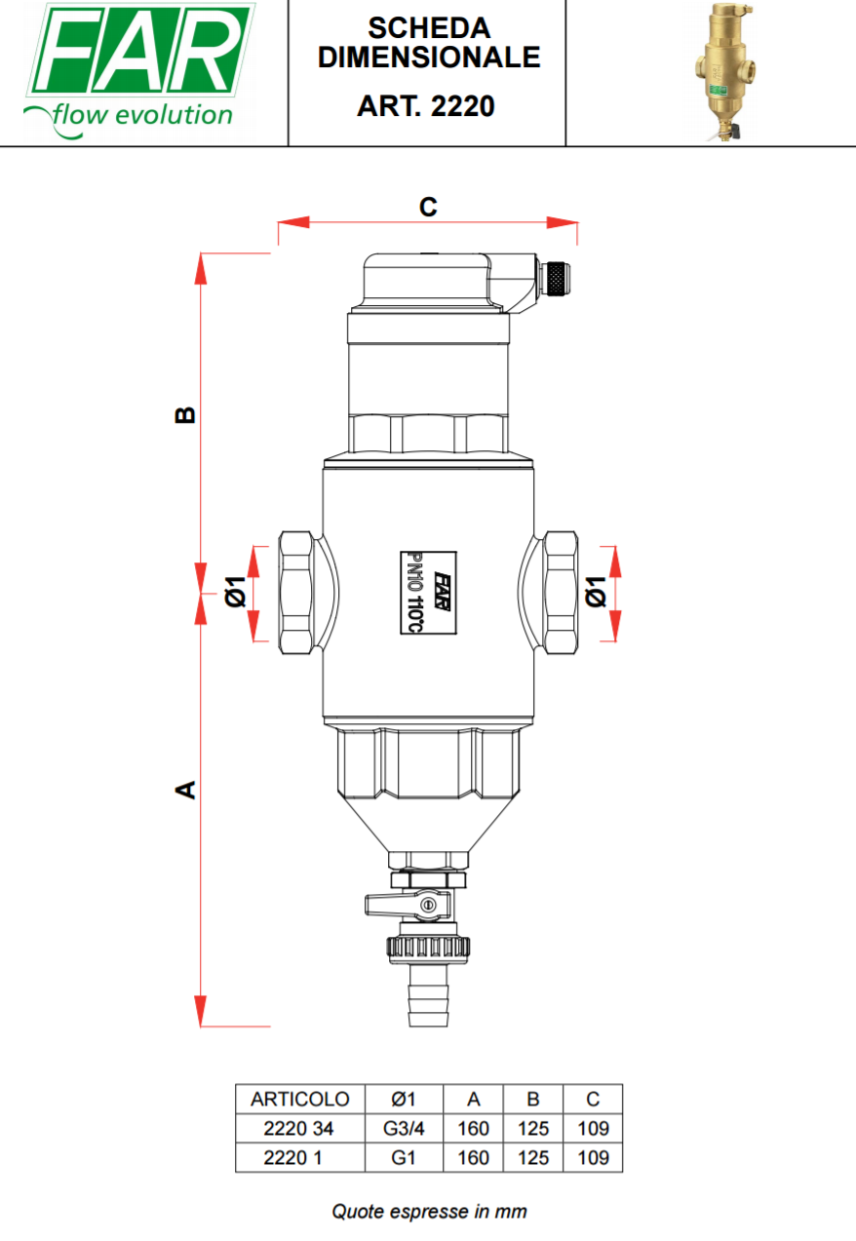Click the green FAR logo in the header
[x=138, y=69]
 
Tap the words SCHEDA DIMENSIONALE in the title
[x=429, y=43]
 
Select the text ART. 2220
[x=425, y=106]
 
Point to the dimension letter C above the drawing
[x=428, y=208]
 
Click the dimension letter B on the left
[x=185, y=415]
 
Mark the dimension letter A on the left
[x=185, y=790]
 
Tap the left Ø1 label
[x=236, y=592]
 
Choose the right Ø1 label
[x=596, y=592]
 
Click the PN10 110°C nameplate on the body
[x=428, y=593]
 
